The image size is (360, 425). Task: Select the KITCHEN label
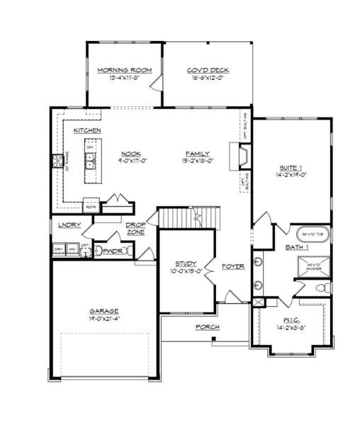tap(86, 131)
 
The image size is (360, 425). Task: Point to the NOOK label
tap(130, 154)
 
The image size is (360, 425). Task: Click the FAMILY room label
tap(198, 154)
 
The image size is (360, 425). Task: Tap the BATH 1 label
tap(297, 247)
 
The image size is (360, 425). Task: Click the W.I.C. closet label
tap(291, 319)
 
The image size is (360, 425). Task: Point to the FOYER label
tap(232, 266)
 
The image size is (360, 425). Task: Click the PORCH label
tap(208, 327)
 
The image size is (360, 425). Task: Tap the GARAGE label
tap(103, 311)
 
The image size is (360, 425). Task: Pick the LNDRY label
tap(69, 225)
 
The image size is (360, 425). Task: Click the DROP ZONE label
tap(136, 228)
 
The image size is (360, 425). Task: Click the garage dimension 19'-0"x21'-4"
tap(103, 319)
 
